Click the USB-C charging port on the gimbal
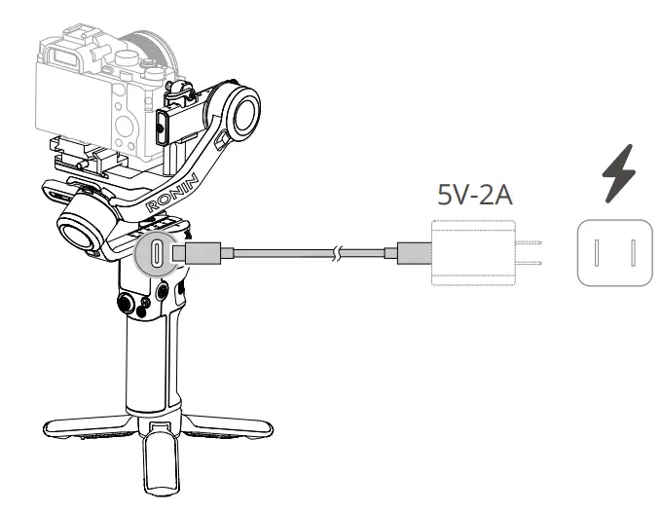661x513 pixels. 157,254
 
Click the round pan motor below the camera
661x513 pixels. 84,226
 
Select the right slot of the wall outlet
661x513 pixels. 633,252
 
